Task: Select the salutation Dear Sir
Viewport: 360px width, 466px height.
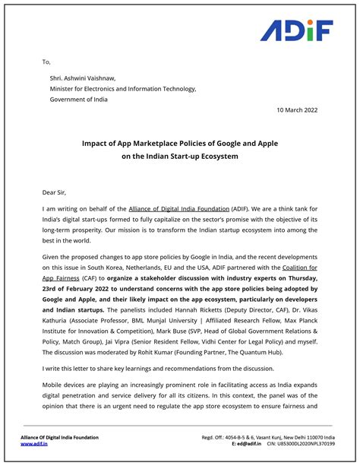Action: click(x=59, y=192)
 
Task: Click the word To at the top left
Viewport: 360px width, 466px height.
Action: click(x=46, y=62)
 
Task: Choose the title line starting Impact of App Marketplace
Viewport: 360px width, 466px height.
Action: click(x=180, y=142)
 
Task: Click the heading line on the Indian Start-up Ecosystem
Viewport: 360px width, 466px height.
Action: click(x=180, y=156)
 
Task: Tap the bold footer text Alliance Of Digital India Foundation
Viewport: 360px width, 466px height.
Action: click(x=60, y=437)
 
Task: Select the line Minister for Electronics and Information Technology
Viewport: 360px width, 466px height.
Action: click(x=123, y=88)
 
